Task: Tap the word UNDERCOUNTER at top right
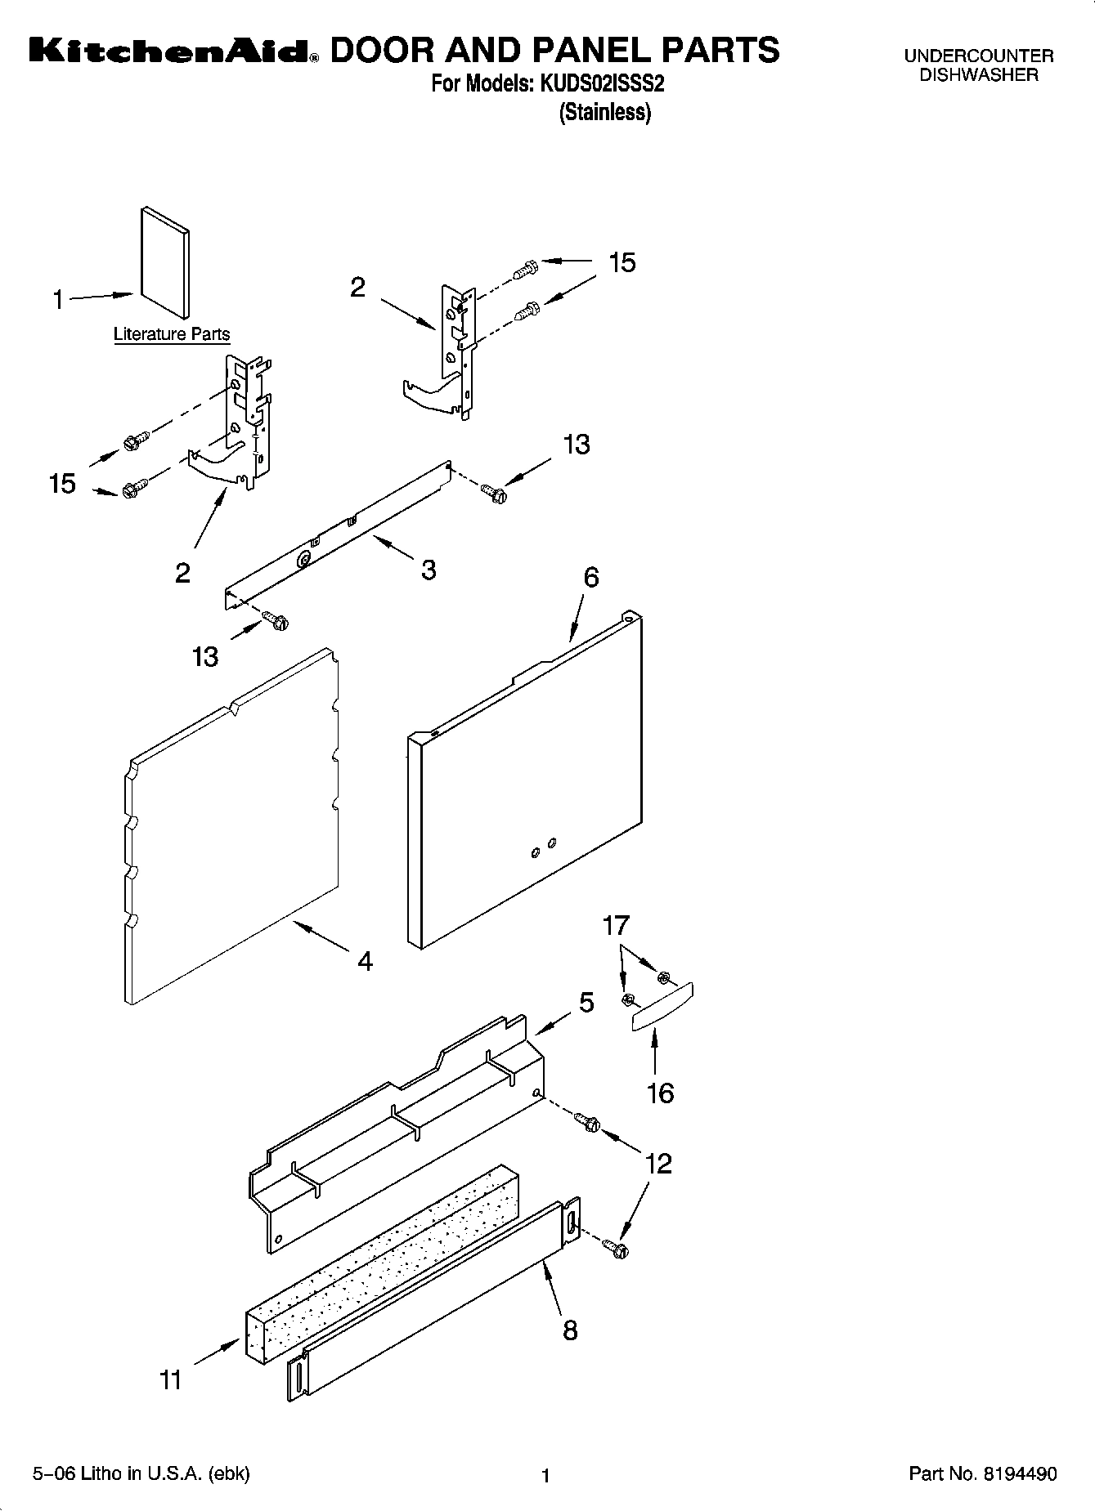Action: click(x=978, y=56)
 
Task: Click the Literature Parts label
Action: click(x=171, y=334)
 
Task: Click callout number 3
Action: click(x=429, y=570)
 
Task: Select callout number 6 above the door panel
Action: click(x=590, y=578)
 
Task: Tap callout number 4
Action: click(x=365, y=961)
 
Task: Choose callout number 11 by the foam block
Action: click(x=170, y=1380)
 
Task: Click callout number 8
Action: click(x=570, y=1330)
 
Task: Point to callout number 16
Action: click(x=660, y=1093)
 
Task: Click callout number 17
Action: click(x=616, y=926)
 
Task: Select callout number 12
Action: click(x=658, y=1163)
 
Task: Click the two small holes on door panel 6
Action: click(x=543, y=847)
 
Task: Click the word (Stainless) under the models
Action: click(x=604, y=112)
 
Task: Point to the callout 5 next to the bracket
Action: click(x=586, y=1003)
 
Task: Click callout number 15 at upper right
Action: click(x=622, y=262)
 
